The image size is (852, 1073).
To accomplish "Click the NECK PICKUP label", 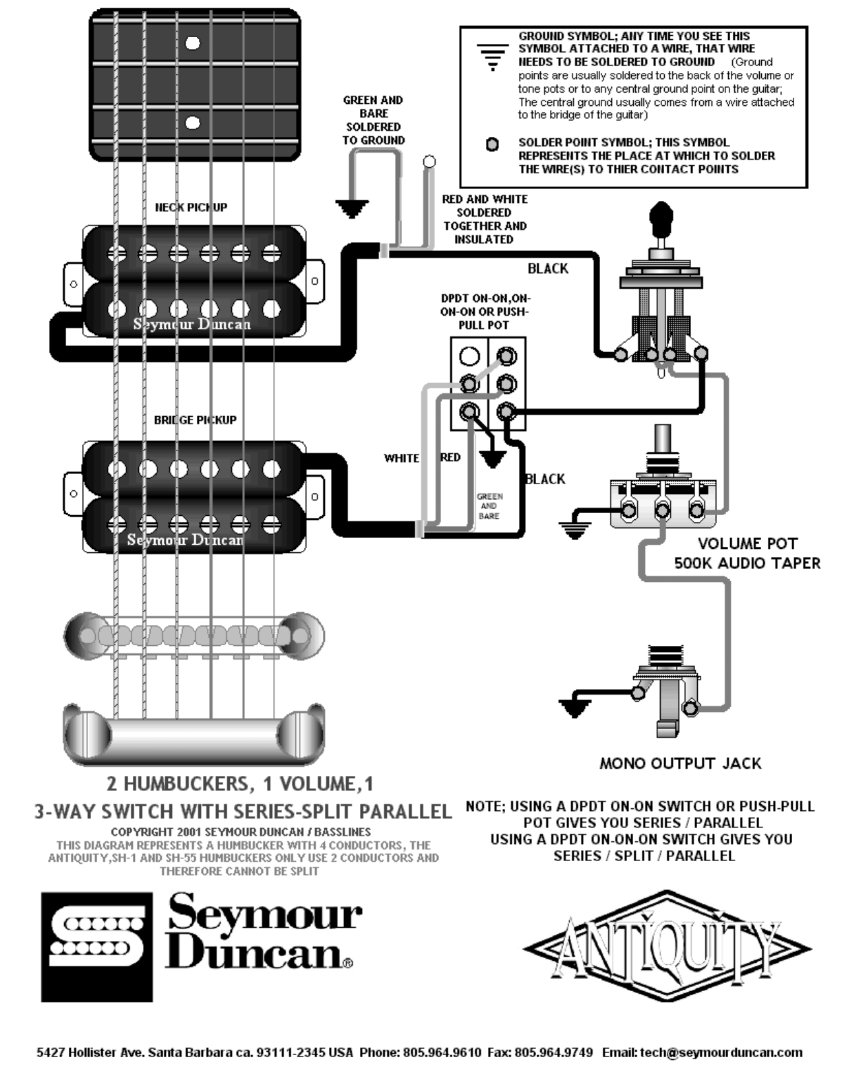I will tap(191, 207).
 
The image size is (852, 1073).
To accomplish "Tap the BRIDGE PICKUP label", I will tap(195, 420).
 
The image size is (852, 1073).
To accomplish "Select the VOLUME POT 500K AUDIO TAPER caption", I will tap(747, 553).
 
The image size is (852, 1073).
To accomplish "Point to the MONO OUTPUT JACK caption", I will tap(680, 763).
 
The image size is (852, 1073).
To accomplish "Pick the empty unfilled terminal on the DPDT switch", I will tap(469, 356).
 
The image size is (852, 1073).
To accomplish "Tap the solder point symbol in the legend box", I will tap(492, 145).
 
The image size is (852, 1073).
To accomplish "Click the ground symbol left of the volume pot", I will tap(575, 528).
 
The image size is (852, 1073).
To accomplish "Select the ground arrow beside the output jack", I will tap(575, 706).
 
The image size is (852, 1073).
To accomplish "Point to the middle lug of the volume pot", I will tap(662, 510).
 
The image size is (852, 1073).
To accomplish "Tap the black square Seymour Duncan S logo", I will tap(96, 946).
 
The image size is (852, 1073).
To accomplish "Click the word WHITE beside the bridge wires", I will tap(401, 458).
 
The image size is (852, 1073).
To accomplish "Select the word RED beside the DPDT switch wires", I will tap(450, 457).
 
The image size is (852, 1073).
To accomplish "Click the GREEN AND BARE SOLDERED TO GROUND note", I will tap(373, 120).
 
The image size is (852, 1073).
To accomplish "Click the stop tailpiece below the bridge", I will tap(193, 735).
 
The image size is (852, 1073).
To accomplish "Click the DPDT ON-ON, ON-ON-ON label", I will tap(484, 312).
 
